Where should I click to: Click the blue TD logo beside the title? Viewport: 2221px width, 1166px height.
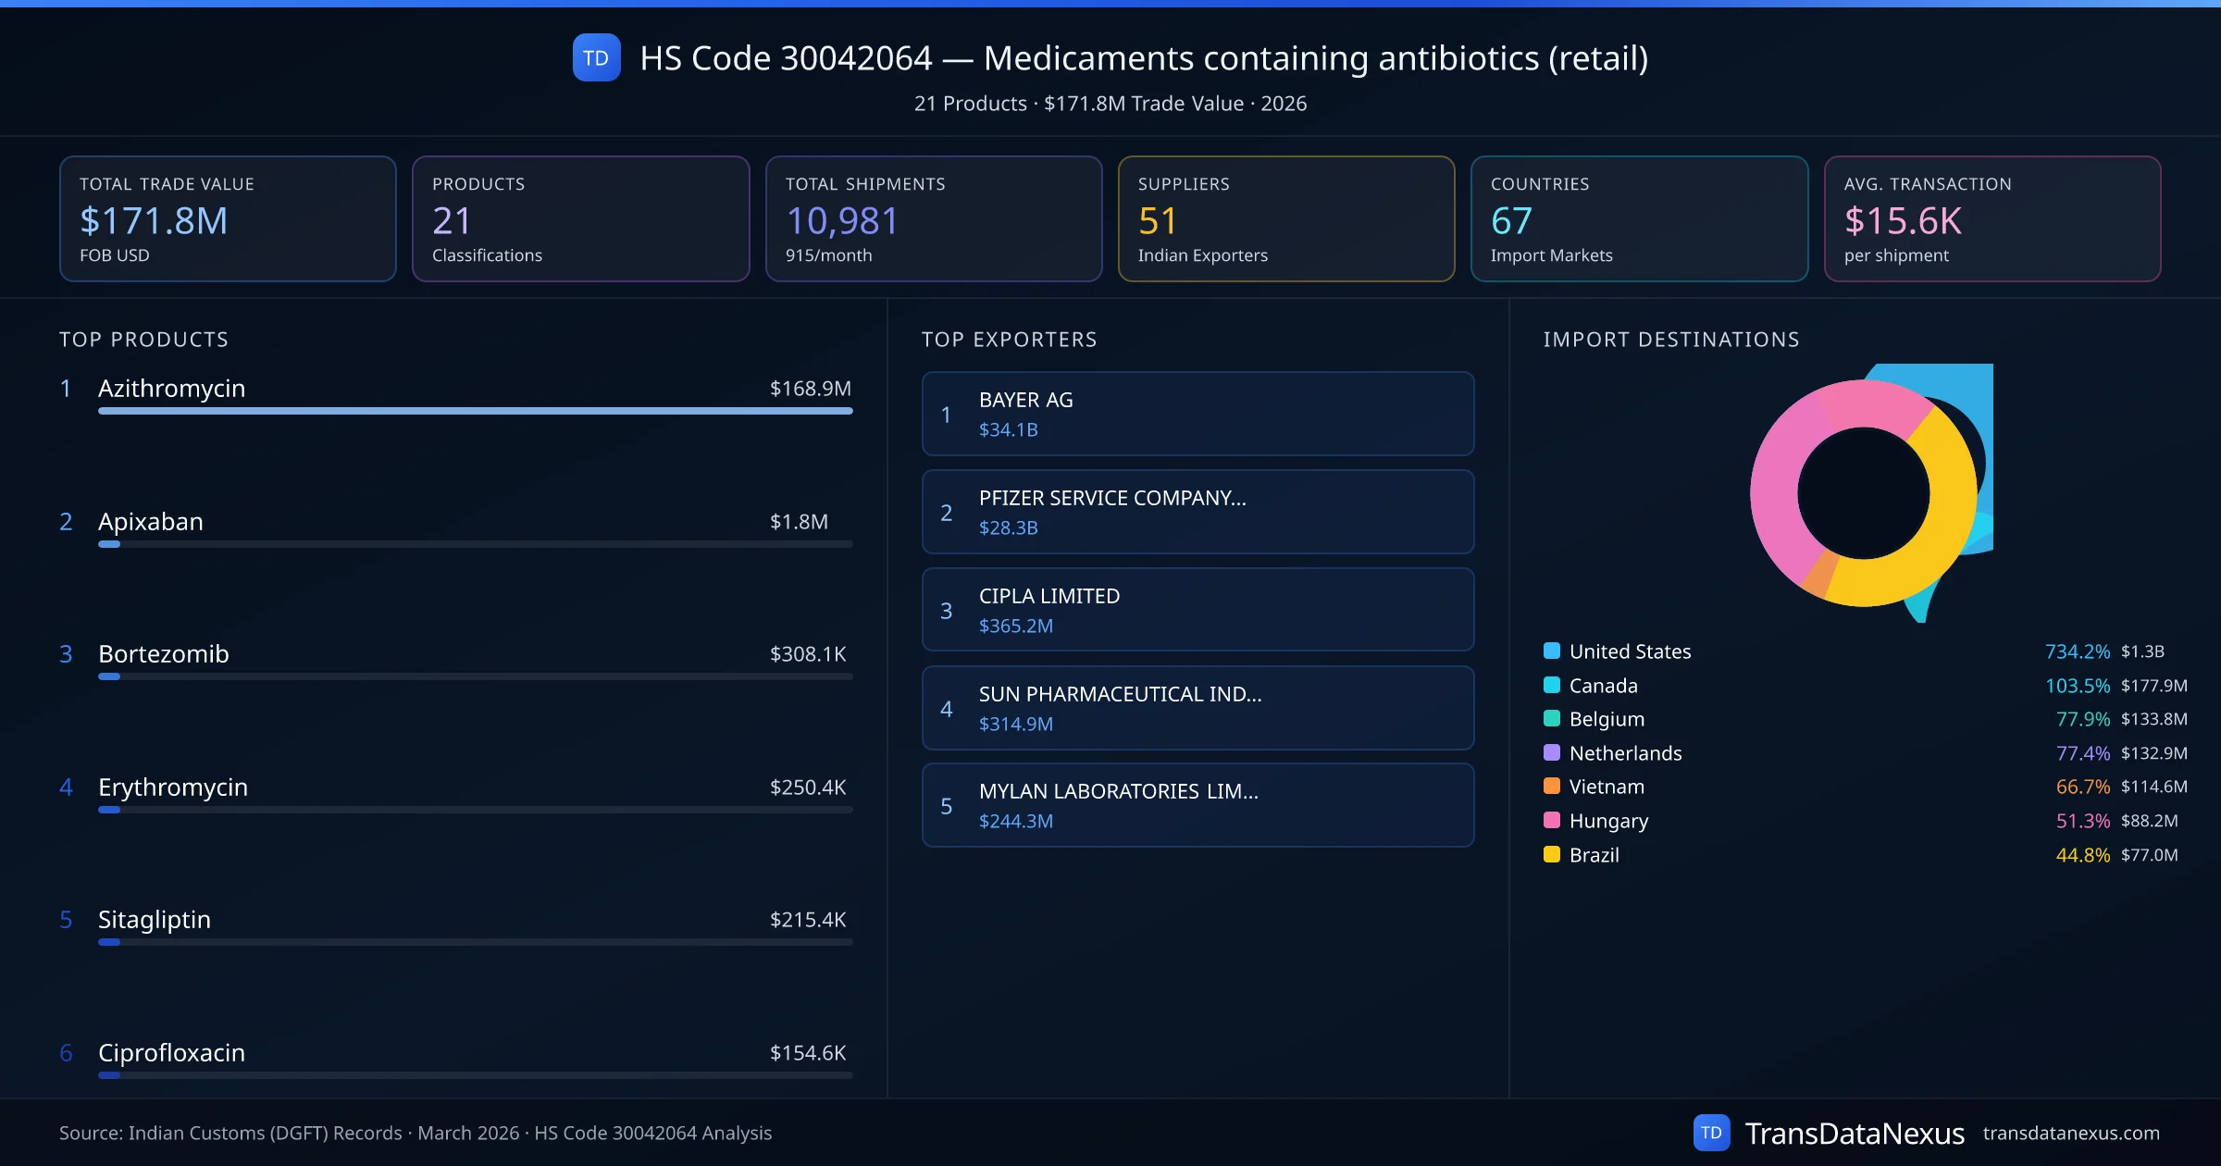pyautogui.click(x=596, y=58)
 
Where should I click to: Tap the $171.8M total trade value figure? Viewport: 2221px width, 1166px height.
pyautogui.click(x=154, y=221)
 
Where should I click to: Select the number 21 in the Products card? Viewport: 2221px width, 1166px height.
pyautogui.click(x=452, y=221)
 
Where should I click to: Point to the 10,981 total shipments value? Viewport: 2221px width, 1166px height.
pyautogui.click(x=842, y=221)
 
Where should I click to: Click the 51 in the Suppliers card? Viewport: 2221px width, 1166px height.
pyautogui.click(x=1158, y=221)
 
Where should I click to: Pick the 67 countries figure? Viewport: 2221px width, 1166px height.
pyautogui.click(x=1511, y=221)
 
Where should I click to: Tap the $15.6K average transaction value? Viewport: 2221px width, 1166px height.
pyautogui.click(x=1903, y=221)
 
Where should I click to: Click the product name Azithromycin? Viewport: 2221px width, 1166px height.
pyautogui.click(x=171, y=389)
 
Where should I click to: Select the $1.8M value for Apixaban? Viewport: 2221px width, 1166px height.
pyautogui.click(x=799, y=522)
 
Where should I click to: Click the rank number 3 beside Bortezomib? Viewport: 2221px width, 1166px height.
pyautogui.click(x=66, y=654)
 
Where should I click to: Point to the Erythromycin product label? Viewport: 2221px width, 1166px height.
pyautogui.click(x=173, y=788)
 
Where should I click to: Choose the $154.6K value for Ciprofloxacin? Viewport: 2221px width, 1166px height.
pyautogui.click(x=808, y=1053)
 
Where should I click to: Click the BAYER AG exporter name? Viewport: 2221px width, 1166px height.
pyautogui.click(x=1025, y=400)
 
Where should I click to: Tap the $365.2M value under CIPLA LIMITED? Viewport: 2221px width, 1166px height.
pyautogui.click(x=1015, y=626)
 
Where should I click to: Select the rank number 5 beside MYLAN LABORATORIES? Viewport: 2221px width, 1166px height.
pyautogui.click(x=946, y=806)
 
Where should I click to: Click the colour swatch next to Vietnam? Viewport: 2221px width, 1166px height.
pyautogui.click(x=1552, y=787)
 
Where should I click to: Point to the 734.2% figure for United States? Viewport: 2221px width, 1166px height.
pyautogui.click(x=2077, y=651)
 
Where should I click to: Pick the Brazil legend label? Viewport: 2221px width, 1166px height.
pyautogui.click(x=1594, y=855)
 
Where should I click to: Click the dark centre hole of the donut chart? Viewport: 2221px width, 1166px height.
pyautogui.click(x=1863, y=493)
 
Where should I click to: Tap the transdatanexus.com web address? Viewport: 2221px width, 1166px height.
pyautogui.click(x=2070, y=1134)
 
